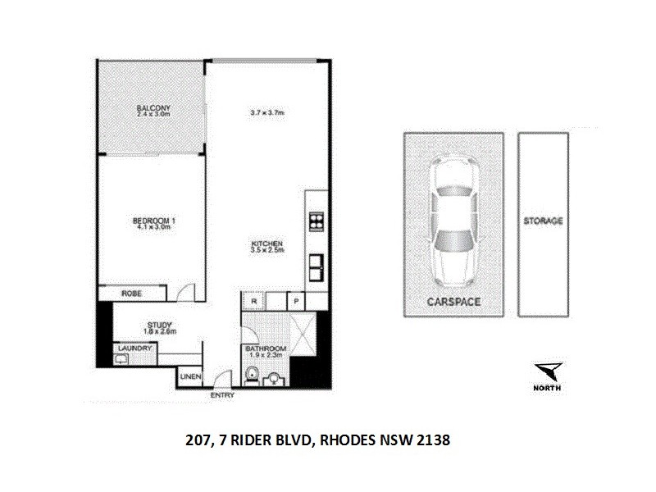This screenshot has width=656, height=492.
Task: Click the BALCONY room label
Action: click(148, 107)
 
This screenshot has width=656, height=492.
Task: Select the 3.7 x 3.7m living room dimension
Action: click(266, 112)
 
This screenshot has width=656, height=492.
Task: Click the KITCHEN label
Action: click(267, 244)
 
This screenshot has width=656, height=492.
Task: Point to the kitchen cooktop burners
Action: click(315, 221)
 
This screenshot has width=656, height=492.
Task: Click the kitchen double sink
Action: click(315, 266)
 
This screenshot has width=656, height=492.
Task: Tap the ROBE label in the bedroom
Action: click(131, 293)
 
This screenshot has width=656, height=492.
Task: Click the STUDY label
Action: click(158, 325)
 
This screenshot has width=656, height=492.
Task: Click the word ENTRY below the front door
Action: click(222, 395)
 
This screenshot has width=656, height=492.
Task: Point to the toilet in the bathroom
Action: click(253, 375)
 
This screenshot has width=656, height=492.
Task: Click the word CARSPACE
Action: click(453, 302)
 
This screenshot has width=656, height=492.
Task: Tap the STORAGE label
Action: click(543, 221)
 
